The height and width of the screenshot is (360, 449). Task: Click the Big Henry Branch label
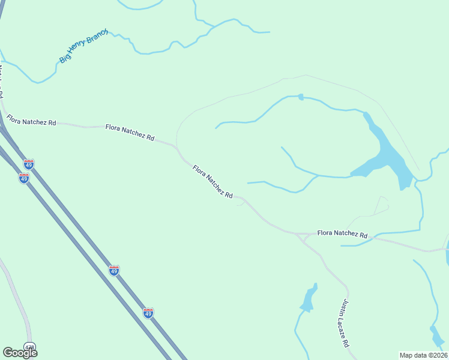point(83,46)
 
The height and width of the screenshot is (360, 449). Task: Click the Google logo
point(20,353)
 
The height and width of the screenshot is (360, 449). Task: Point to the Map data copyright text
point(423,355)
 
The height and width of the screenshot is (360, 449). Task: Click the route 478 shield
point(30,346)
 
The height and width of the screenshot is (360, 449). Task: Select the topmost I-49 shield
point(29,164)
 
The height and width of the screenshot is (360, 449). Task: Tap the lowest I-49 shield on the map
point(148,313)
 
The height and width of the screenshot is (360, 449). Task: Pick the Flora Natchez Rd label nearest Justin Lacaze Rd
point(342,234)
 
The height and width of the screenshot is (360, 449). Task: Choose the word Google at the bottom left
point(20,353)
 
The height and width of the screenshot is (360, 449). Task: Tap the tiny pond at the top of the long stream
point(301,97)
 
